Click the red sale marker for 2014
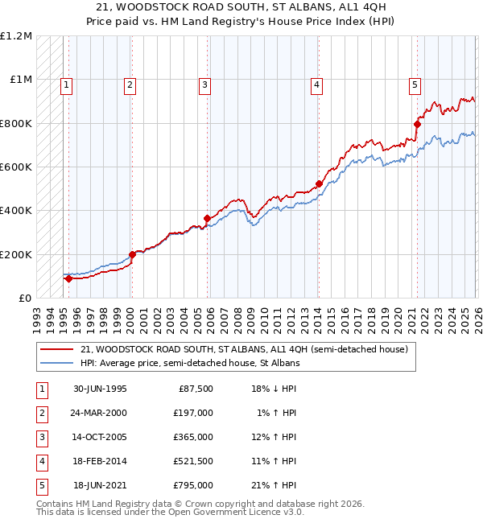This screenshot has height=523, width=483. pyautogui.click(x=319, y=183)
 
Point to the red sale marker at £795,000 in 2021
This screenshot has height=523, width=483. pyautogui.click(x=417, y=124)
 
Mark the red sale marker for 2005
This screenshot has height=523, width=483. pyautogui.click(x=208, y=218)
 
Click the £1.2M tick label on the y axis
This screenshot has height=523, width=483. pyautogui.click(x=16, y=36)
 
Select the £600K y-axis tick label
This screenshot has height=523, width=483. pyautogui.click(x=16, y=167)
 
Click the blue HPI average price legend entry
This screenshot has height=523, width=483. pyautogui.click(x=190, y=363)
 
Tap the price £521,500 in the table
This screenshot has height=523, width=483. pyautogui.click(x=193, y=461)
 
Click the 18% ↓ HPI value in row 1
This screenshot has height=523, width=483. pyautogui.click(x=273, y=389)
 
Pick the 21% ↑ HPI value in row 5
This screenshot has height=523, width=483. pyautogui.click(x=273, y=485)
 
